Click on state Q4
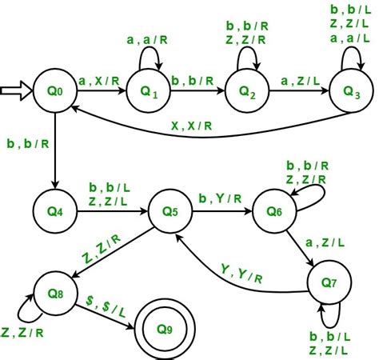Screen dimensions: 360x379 54,213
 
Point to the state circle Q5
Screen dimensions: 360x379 170,213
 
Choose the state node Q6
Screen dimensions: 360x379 273,213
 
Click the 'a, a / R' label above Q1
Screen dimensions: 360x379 147,38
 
